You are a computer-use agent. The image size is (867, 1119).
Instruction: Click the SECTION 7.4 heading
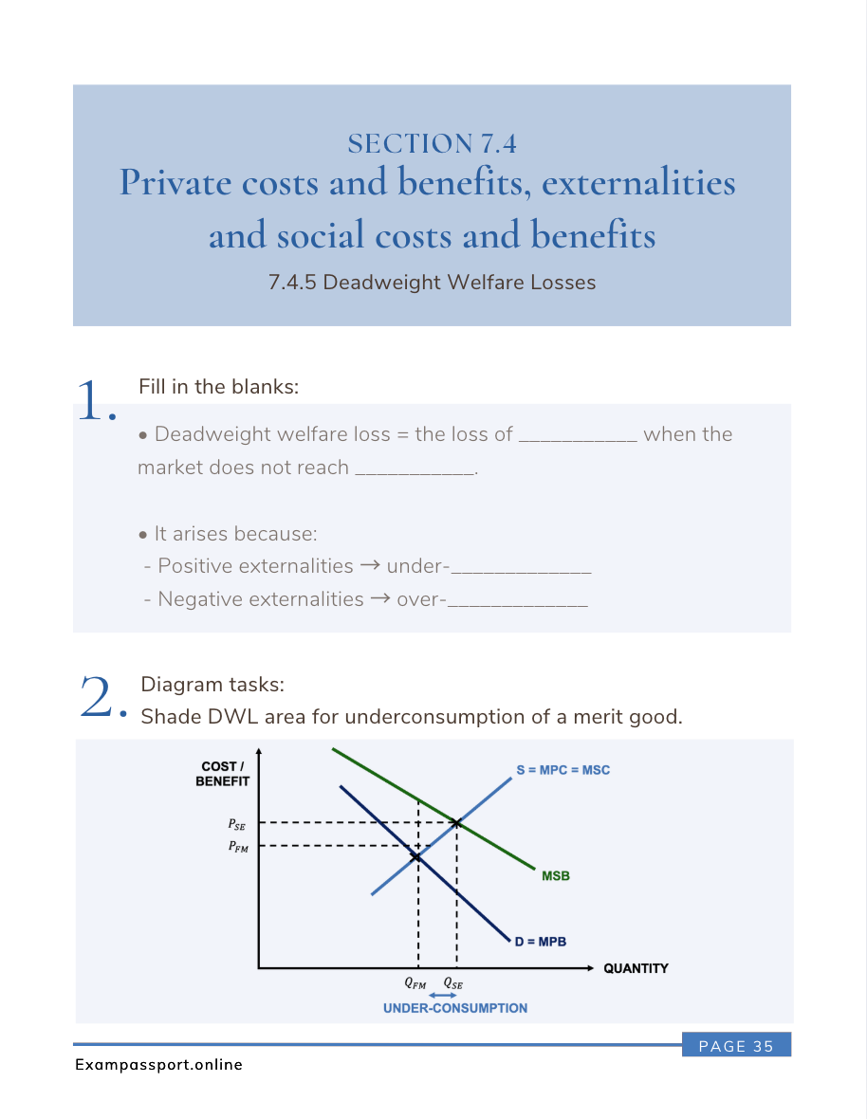pos(432,143)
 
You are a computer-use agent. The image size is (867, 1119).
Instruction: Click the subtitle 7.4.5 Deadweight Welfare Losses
pos(432,283)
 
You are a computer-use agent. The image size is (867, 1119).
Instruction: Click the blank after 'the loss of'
pos(579,437)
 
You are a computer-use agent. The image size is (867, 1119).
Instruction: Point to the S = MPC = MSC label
pos(563,770)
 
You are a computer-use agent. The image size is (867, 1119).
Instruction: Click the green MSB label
pos(556,876)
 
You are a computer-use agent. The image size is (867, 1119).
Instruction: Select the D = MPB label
pos(541,943)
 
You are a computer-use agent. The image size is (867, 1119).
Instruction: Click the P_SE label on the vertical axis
pos(237,825)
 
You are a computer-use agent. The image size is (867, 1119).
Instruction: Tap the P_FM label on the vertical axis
pos(237,848)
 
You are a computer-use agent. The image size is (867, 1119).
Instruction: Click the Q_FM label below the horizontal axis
pos(415,984)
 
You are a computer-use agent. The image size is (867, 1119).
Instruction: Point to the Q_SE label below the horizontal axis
pos(453,984)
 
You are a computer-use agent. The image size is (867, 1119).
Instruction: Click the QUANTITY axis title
pos(636,968)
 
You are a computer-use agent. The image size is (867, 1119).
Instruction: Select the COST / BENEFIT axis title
pos(222,774)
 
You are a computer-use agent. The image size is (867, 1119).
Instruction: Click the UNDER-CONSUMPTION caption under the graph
pos(454,1008)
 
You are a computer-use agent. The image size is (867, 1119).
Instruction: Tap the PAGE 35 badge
pos(736,1046)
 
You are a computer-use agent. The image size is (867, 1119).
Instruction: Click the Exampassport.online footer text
pos(158,1065)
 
